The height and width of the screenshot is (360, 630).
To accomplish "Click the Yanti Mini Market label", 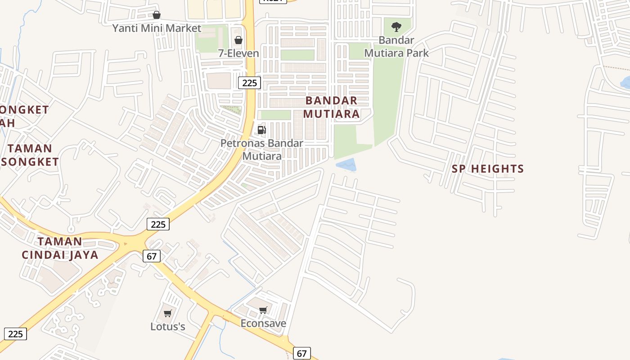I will pyautogui.click(x=157, y=28).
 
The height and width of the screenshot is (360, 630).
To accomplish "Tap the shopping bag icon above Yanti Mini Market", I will pyautogui.click(x=156, y=15).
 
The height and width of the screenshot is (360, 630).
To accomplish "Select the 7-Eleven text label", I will pyautogui.click(x=238, y=53).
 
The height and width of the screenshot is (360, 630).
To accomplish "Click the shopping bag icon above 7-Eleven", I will pyautogui.click(x=238, y=40).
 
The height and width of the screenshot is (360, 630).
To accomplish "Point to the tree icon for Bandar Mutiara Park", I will pyautogui.click(x=396, y=27).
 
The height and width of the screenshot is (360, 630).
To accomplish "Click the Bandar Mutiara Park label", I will pyautogui.click(x=396, y=46).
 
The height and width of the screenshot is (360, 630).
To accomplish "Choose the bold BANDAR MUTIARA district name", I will pyautogui.click(x=331, y=107).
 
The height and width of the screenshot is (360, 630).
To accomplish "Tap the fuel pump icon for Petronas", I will pyautogui.click(x=261, y=130).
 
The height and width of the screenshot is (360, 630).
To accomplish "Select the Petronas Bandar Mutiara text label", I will pyautogui.click(x=262, y=149).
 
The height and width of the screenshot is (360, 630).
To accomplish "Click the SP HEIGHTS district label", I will pyautogui.click(x=488, y=169).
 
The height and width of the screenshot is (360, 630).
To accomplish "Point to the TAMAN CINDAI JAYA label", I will pyautogui.click(x=60, y=248).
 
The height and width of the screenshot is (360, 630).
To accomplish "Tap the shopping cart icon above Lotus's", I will pyautogui.click(x=167, y=313).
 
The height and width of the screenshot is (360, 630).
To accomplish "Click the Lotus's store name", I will pyautogui.click(x=167, y=326).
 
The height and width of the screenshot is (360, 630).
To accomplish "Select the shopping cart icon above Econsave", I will pyautogui.click(x=263, y=310).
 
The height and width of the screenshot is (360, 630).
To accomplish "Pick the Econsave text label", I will pyautogui.click(x=263, y=323).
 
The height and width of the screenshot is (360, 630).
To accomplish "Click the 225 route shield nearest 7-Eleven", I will pyautogui.click(x=249, y=82).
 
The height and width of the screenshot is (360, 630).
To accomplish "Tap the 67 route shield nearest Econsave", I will pyautogui.click(x=301, y=353).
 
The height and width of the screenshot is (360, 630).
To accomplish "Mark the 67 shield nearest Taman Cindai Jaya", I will pyautogui.click(x=152, y=256).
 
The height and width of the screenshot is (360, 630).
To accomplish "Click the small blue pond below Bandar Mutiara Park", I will pyautogui.click(x=346, y=165).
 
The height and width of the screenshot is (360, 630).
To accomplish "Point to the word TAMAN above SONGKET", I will pyautogui.click(x=30, y=148).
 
